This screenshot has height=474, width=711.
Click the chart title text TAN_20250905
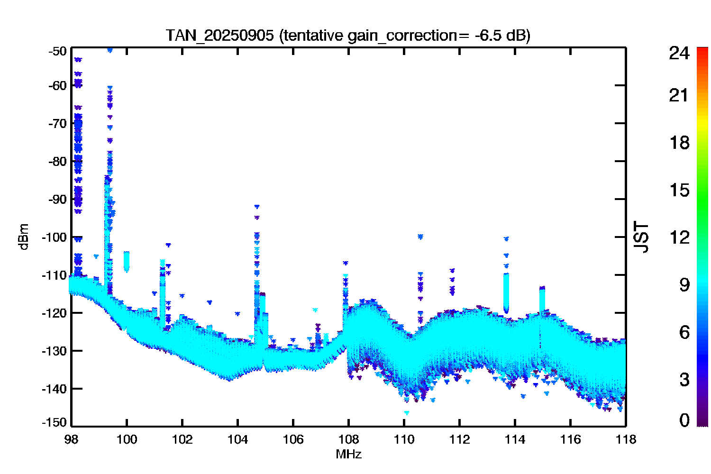(x=219, y=36)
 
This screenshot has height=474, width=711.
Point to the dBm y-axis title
(x=24, y=237)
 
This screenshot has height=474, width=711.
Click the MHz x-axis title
(x=348, y=454)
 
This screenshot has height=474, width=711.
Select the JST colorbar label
(x=641, y=237)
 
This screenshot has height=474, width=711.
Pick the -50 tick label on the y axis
(x=57, y=51)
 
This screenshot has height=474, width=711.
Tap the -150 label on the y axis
(x=55, y=422)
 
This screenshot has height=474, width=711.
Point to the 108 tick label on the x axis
(x=348, y=440)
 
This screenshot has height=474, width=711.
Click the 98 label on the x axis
(x=72, y=440)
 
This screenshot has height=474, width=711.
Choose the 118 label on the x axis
(x=626, y=440)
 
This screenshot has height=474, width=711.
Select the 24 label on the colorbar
(x=679, y=53)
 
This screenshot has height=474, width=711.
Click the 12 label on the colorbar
(x=680, y=237)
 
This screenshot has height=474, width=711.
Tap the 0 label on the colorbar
(x=684, y=420)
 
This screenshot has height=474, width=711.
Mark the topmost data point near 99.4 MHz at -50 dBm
(x=110, y=50)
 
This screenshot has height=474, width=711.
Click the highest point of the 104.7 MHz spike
(x=257, y=207)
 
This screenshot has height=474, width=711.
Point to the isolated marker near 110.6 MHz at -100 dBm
(x=420, y=237)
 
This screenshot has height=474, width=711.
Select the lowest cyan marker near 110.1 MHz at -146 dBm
(x=407, y=413)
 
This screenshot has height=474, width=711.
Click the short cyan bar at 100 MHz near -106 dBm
(x=127, y=262)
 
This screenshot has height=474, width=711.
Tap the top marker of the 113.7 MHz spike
(x=506, y=239)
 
